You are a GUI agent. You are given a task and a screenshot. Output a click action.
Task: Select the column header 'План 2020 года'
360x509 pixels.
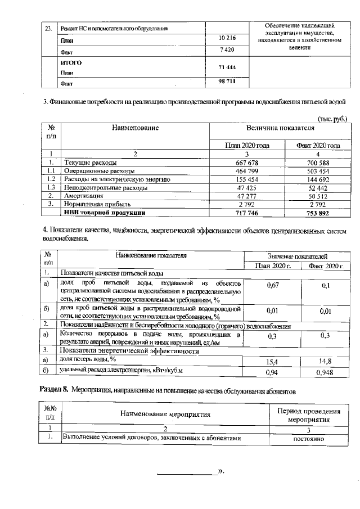246,145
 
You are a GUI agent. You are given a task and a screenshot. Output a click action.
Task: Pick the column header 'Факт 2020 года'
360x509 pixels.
318,145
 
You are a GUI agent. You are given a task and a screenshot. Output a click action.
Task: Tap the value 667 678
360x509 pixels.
246,163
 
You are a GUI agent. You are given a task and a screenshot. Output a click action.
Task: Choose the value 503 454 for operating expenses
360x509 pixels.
318,171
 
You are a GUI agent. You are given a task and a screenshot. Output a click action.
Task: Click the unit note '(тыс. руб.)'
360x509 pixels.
332,119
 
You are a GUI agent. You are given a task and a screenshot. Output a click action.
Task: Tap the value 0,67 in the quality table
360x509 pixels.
273,286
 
